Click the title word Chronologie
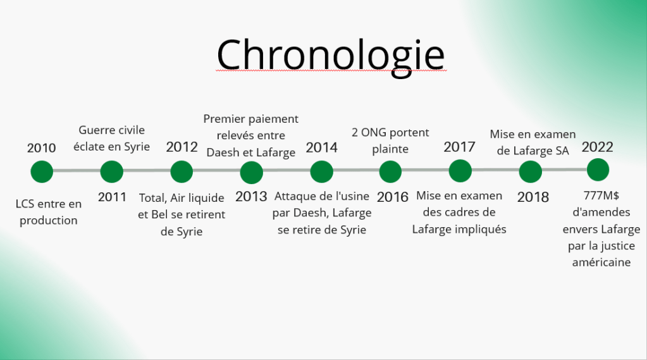[331, 56]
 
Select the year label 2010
[41, 148]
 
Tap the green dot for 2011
[112, 171]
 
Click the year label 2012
[182, 147]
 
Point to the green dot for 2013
[251, 172]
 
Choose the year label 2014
[321, 147]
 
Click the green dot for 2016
[390, 171]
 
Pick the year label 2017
[459, 147]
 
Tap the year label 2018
[533, 197]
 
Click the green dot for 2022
[598, 170]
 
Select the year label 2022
[597, 147]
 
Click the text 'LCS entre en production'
[49, 212]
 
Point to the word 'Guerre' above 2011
[94, 130]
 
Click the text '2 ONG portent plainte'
[390, 141]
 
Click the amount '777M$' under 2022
[601, 196]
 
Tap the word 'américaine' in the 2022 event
[601, 262]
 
